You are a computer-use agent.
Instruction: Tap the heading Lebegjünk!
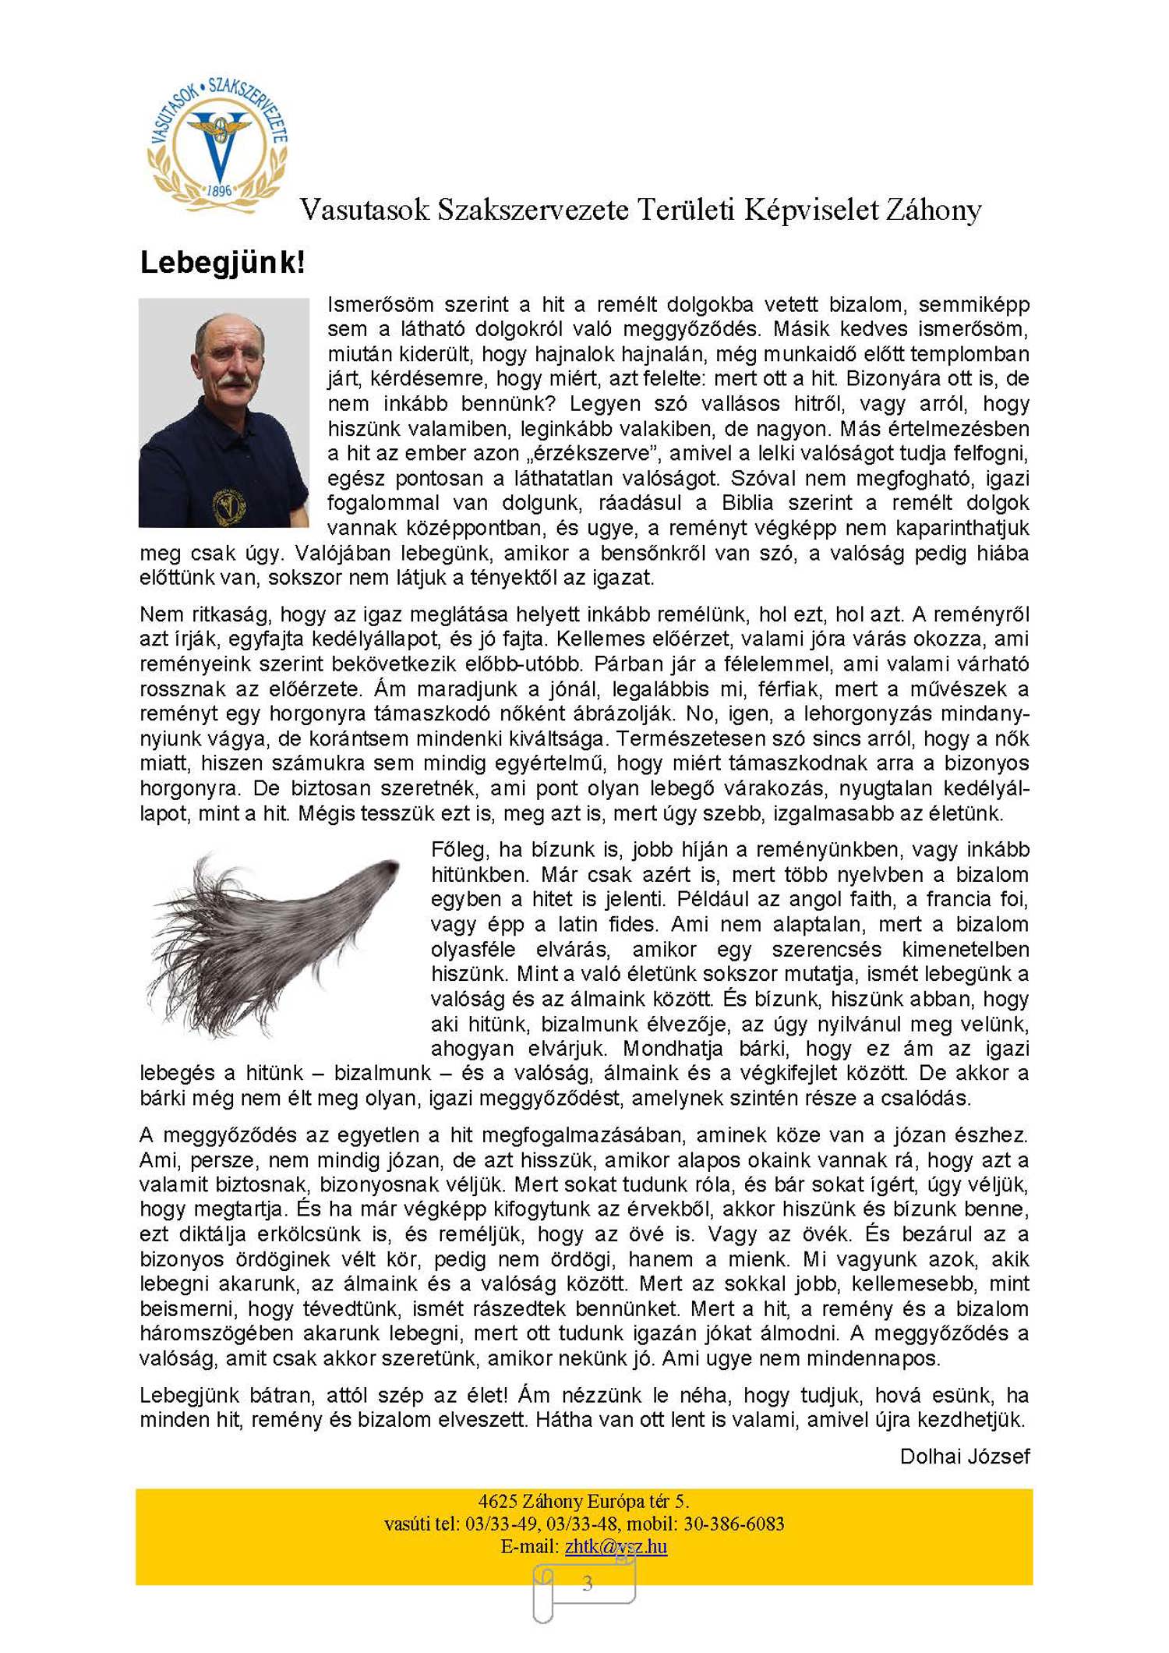coord(222,263)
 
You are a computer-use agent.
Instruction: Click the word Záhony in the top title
coord(932,210)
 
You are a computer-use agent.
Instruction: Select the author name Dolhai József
coord(964,1456)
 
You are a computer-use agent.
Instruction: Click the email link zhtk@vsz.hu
coord(616,1546)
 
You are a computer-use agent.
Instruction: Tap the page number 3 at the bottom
coord(587,1582)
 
